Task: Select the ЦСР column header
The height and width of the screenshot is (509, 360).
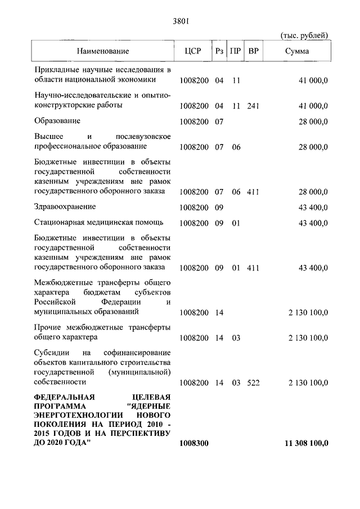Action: (192, 51)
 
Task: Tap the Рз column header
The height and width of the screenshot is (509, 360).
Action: (220, 51)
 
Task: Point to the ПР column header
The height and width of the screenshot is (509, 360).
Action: (236, 51)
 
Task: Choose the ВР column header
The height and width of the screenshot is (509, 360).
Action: (254, 51)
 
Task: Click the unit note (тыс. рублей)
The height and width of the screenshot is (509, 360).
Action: (304, 36)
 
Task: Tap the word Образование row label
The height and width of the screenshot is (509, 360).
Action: (57, 121)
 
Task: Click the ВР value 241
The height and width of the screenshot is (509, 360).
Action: (253, 106)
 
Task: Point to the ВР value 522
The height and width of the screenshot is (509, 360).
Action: (253, 383)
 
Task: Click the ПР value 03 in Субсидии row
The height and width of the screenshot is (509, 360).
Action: (236, 383)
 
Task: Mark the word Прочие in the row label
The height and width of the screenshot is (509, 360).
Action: (46, 327)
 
